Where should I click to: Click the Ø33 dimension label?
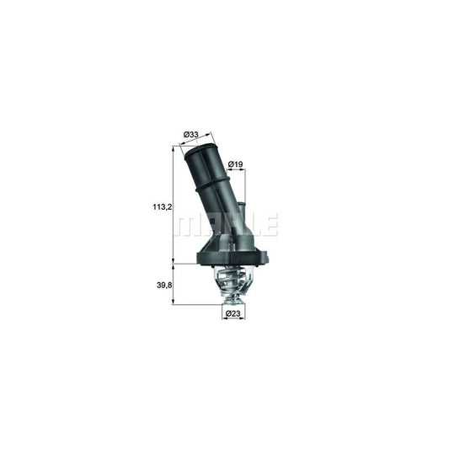191,133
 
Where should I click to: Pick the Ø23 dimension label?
233,315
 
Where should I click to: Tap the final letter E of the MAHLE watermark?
270,225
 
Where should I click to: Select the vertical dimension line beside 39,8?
174,284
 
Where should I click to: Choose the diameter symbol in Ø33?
185,133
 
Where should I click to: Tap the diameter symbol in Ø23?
227,315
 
